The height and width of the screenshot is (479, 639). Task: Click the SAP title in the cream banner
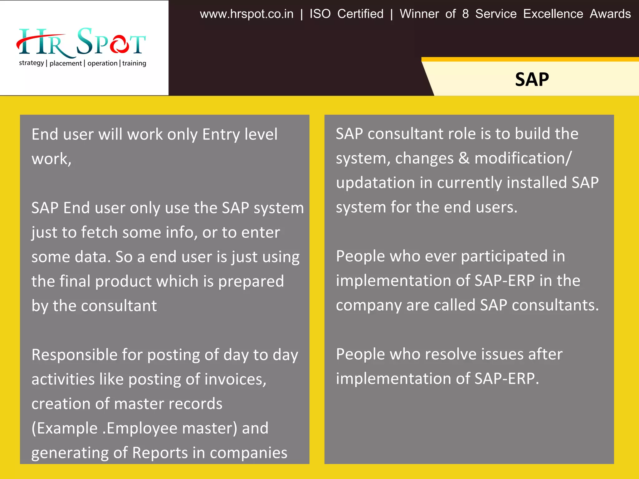532,79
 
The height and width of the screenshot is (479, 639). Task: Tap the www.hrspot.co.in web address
246,14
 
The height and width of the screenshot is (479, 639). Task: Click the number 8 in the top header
465,14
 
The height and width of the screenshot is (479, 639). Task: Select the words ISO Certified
346,14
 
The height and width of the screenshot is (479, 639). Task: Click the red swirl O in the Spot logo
119,45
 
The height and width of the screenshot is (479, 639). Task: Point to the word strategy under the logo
31,63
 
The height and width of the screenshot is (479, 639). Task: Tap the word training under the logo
134,63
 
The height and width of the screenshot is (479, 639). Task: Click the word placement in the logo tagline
66,63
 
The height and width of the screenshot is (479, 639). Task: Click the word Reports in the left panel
160,453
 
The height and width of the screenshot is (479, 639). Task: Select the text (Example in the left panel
64,428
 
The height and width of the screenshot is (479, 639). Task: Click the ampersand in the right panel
464,158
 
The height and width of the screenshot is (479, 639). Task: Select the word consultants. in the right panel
555,305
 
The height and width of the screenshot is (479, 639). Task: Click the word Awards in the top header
610,14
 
